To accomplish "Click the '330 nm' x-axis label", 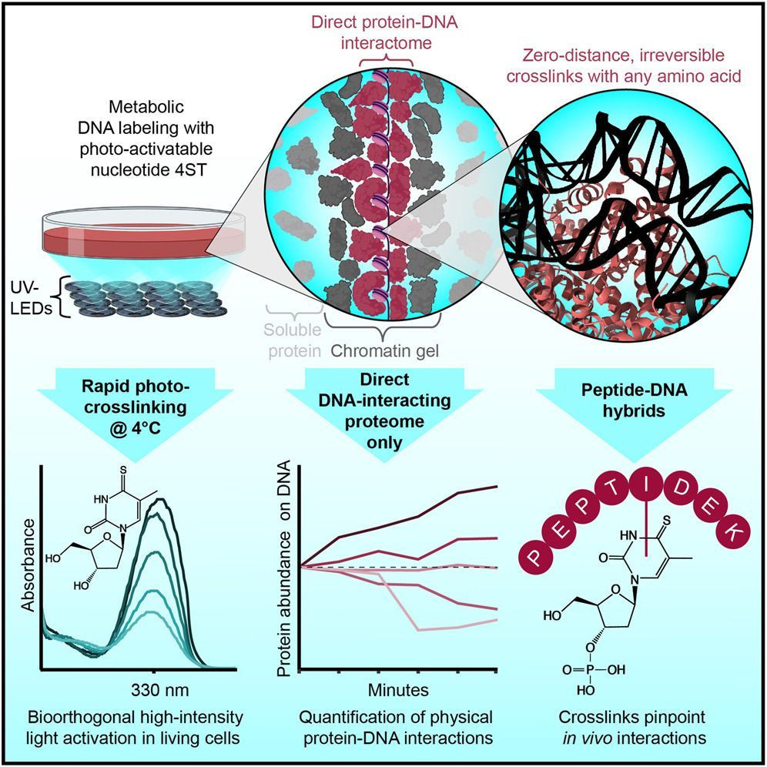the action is coord(159,690).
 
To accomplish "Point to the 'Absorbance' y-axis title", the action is coord(28,565).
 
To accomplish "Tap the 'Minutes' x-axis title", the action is coord(398,690).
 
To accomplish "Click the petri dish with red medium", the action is coord(142,234).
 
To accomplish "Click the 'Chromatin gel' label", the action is coord(384,350).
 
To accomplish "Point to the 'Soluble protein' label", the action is coord(293,340).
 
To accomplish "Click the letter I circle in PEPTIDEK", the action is coord(646,487).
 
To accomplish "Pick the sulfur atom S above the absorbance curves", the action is coord(123,470).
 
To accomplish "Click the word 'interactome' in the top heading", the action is coord(387,43).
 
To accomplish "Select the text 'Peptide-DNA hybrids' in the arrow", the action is coord(634,400).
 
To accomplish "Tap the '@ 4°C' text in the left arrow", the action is coord(136,428).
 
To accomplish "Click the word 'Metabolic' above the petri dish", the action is coord(146,106).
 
